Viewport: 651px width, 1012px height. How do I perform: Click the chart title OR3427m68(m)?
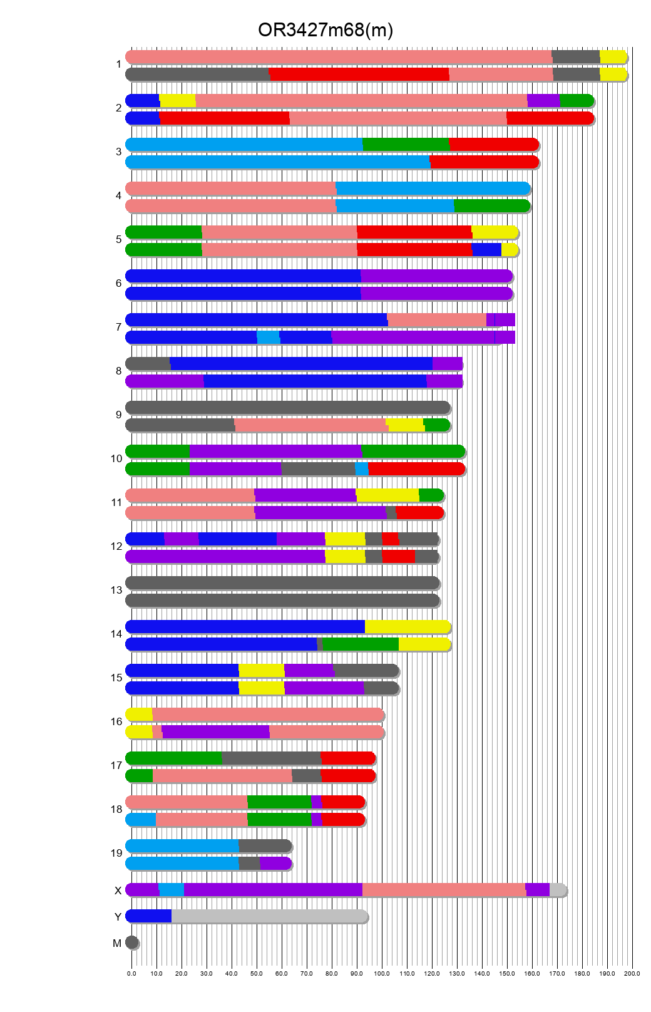pyautogui.click(x=325, y=30)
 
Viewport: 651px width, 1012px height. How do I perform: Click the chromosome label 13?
pyautogui.click(x=116, y=590)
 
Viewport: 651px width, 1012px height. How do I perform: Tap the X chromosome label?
pyautogui.click(x=118, y=891)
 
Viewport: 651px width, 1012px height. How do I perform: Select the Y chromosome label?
pyautogui.click(x=118, y=917)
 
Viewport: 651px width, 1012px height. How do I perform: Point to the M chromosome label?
pyautogui.click(x=117, y=943)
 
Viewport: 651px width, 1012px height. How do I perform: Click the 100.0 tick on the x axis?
pyautogui.click(x=382, y=973)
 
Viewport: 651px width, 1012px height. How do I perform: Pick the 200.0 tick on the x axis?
pyautogui.click(x=632, y=973)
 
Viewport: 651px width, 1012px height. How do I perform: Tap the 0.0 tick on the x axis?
pyautogui.click(x=131, y=973)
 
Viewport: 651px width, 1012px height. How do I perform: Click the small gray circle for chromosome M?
pyautogui.click(x=131, y=942)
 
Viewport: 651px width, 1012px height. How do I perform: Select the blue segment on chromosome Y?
pyautogui.click(x=149, y=916)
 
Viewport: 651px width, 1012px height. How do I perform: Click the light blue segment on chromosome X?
pyautogui.click(x=171, y=890)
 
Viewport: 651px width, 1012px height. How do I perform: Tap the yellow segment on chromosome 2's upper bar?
pyautogui.click(x=177, y=100)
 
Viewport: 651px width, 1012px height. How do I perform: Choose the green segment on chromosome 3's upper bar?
pyautogui.click(x=406, y=144)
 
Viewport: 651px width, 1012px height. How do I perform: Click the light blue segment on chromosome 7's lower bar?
pyautogui.click(x=268, y=338)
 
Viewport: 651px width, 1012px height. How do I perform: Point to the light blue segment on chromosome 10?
pyautogui.click(x=361, y=469)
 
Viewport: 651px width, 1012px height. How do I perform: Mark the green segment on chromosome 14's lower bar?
pyautogui.click(x=360, y=644)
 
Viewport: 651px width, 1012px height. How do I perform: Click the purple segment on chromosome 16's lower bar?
pyautogui.click(x=215, y=732)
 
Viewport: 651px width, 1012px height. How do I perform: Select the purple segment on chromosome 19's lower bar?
pyautogui.click(x=275, y=864)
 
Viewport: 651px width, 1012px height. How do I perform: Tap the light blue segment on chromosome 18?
pyautogui.click(x=141, y=820)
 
